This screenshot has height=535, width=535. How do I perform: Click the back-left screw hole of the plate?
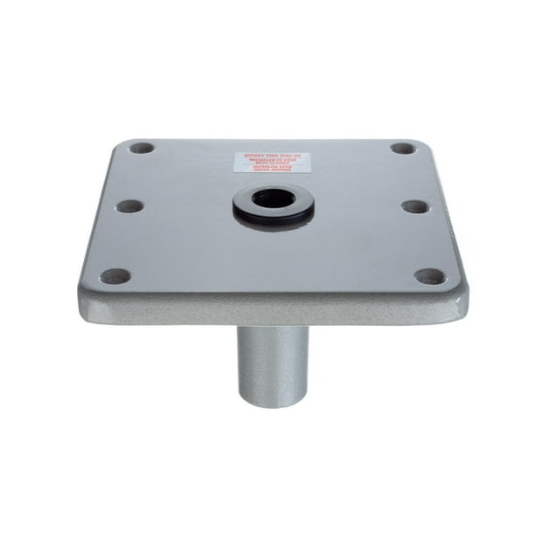pos(141,149)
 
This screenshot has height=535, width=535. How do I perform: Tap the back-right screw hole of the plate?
pos(402,149)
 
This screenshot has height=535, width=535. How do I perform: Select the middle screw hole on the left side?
pos(129,207)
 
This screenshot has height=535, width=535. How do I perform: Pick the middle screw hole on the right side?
pos(414,207)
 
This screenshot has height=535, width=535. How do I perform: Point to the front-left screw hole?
pos(115,276)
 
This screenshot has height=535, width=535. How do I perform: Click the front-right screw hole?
pos(429,277)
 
